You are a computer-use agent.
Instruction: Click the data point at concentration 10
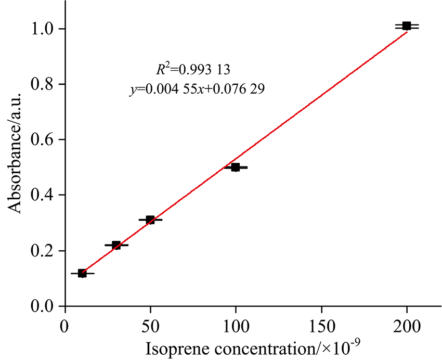click(82, 273)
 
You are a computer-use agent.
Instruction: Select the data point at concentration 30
click(116, 245)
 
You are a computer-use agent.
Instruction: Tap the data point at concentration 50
click(150, 220)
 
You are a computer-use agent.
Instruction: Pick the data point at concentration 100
click(236, 167)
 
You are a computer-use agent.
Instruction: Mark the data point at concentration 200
click(407, 25)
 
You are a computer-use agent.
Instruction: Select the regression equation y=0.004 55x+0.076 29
click(197, 89)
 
